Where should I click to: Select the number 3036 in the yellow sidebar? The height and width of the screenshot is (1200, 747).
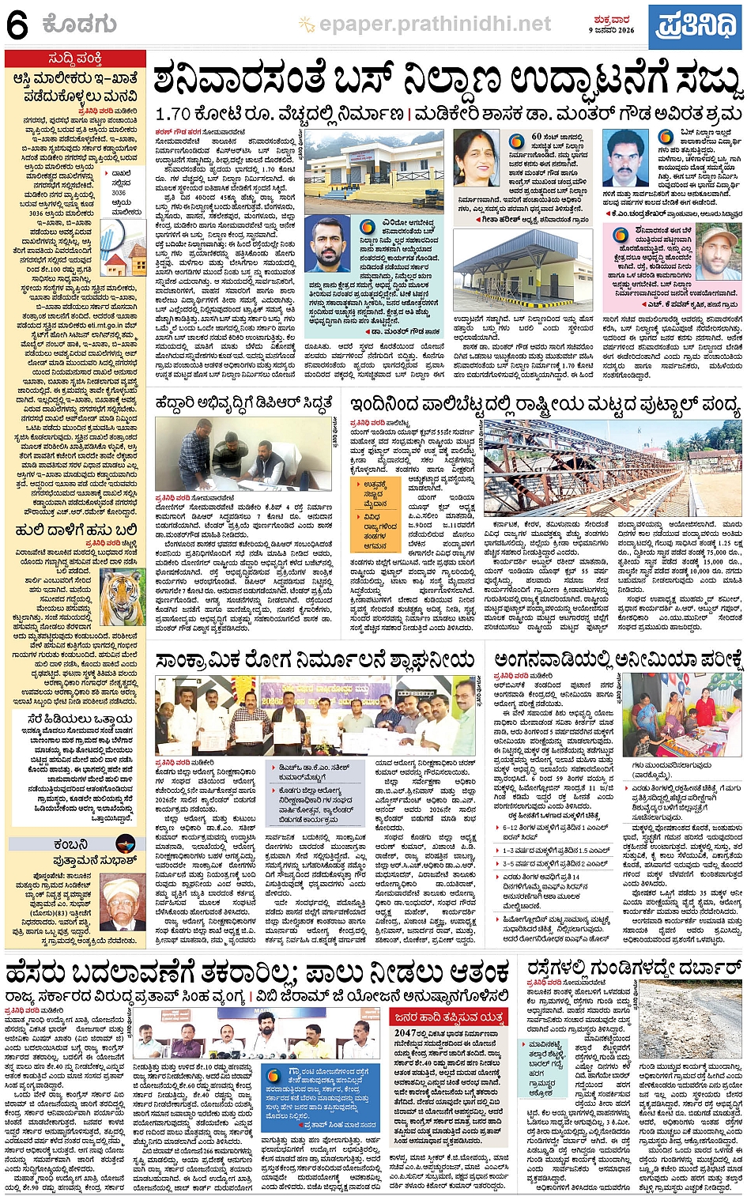point(119,192)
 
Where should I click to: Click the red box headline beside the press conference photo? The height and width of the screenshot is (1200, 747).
point(447,1017)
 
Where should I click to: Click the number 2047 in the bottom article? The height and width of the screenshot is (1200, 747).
point(406,1032)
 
